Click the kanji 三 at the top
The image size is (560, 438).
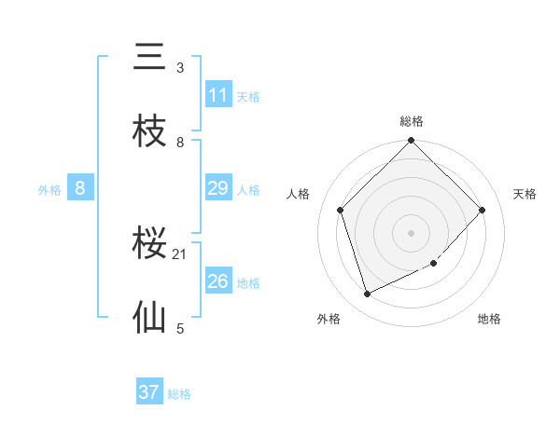(x=149, y=59)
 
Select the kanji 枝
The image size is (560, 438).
(x=149, y=132)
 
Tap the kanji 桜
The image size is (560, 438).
(x=149, y=245)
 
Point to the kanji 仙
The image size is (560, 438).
(x=149, y=319)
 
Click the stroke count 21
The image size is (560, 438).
(x=180, y=253)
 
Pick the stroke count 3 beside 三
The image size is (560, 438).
(x=180, y=68)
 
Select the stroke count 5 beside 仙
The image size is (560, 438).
(x=180, y=328)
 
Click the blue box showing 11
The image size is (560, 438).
(x=218, y=95)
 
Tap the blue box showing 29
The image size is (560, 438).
(x=218, y=188)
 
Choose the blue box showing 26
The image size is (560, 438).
(x=218, y=281)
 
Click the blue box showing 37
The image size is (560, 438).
(x=149, y=392)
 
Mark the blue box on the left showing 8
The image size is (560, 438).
(x=80, y=188)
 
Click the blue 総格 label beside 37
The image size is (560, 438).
(x=179, y=394)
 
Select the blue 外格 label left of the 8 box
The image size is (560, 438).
(x=49, y=190)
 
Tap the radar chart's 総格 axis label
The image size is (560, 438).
(x=412, y=121)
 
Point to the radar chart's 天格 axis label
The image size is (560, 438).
(x=525, y=194)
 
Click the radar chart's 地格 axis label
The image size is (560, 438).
(x=489, y=319)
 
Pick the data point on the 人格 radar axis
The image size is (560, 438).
(x=341, y=210)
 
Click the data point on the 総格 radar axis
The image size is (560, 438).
(x=412, y=142)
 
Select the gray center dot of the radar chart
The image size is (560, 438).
(x=412, y=232)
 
